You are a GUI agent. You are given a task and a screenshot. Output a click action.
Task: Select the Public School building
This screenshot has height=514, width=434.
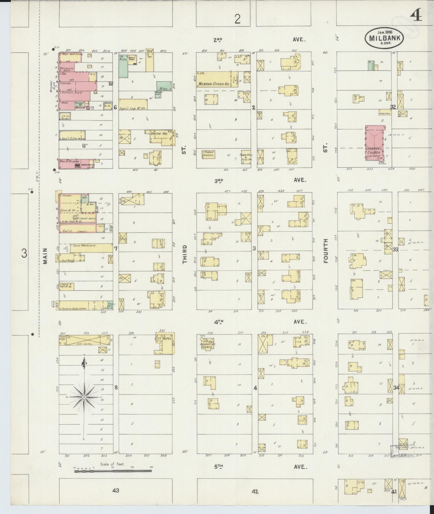(x=208, y=155)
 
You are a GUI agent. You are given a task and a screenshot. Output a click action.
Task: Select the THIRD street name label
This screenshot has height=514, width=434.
(x=185, y=254)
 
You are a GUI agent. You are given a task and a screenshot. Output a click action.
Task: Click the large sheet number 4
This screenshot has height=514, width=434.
(x=416, y=16)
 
